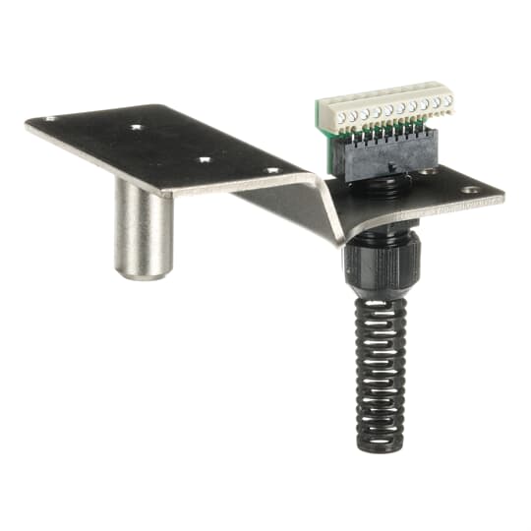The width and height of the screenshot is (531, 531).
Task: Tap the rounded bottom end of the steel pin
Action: pyautogui.click(x=144, y=272)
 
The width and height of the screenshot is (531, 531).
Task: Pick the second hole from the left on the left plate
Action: pyautogui.click(x=136, y=127)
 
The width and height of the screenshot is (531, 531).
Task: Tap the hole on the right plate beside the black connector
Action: pyautogui.click(x=429, y=173)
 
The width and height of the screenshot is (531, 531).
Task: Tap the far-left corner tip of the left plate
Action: pyautogui.click(x=27, y=123)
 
